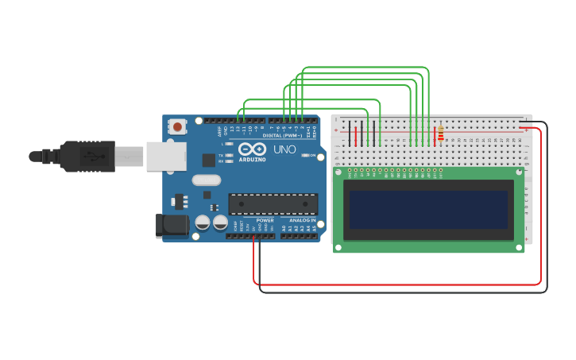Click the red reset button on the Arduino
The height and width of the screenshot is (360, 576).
point(177,126)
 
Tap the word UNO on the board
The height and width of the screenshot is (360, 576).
point(284,149)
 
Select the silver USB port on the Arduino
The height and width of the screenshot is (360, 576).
point(164,156)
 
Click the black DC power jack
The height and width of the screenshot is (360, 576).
point(172,225)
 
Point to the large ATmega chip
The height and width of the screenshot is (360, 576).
point(273,204)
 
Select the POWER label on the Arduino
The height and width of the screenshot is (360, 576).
point(265,220)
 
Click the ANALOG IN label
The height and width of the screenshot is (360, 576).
point(301,220)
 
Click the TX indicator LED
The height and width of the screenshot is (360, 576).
point(230,155)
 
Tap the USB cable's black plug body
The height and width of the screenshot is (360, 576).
point(87,156)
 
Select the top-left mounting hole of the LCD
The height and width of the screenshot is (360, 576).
point(338,172)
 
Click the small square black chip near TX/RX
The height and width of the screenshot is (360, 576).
point(208,160)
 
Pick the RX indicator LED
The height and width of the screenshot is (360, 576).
point(230,161)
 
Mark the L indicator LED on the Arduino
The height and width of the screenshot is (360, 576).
point(230,144)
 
